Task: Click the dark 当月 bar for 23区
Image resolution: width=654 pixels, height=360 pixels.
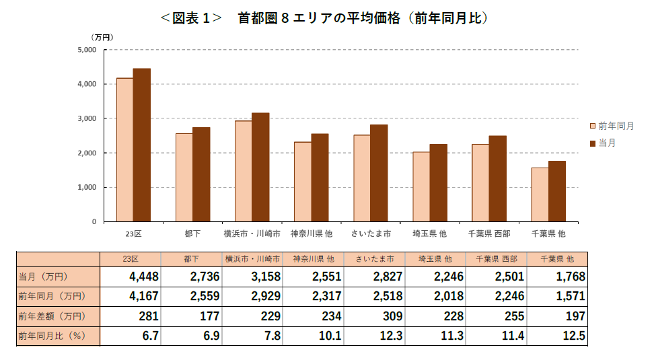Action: point(141,145)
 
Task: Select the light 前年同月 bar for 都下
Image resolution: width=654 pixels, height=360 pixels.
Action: point(184,177)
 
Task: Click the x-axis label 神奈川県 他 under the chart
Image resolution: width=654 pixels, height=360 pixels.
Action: point(312,234)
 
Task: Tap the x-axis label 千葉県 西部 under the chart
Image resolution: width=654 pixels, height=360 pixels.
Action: point(489,234)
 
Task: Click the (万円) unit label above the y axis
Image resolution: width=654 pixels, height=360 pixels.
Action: point(102,37)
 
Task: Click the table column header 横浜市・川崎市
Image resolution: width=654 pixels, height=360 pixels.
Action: point(252,258)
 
